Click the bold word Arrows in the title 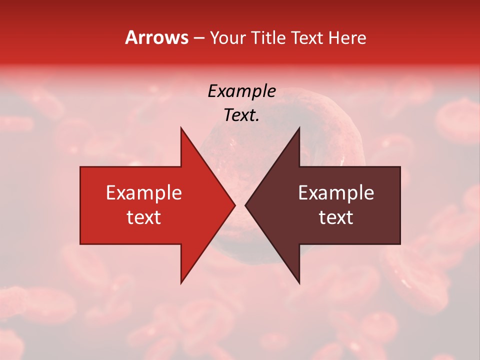coord(157,37)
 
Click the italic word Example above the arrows coord(241,91)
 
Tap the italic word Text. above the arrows coord(241,115)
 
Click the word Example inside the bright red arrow coord(143,192)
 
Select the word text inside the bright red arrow coord(143,217)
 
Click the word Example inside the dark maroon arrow coord(336,192)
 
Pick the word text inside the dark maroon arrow coord(336,217)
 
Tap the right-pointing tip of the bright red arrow coord(234,205)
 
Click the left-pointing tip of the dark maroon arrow coord(245,205)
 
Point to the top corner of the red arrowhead coord(181,128)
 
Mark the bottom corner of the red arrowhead coord(181,283)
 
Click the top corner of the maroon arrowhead coord(299,128)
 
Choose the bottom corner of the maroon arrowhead coord(299,283)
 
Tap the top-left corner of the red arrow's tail coord(80,167)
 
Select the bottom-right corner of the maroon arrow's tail coord(400,244)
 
